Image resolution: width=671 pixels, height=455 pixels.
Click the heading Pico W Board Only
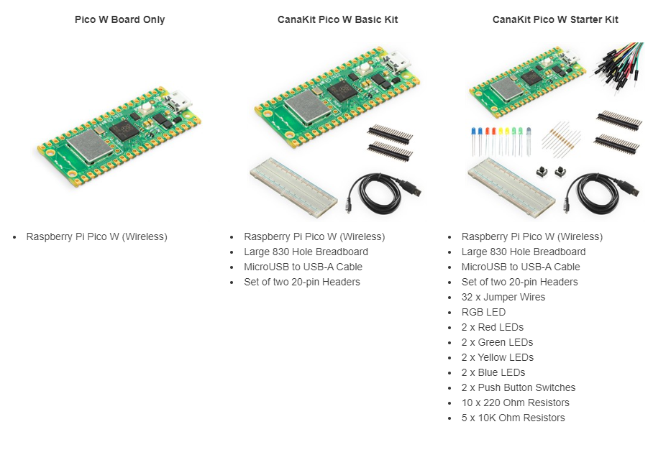pyautogui.click(x=119, y=19)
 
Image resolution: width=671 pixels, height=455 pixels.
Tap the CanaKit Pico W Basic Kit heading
pyautogui.click(x=337, y=19)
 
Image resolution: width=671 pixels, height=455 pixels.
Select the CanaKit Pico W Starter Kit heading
pyautogui.click(x=555, y=19)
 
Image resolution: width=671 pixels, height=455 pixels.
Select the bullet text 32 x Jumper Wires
pyautogui.click(x=503, y=297)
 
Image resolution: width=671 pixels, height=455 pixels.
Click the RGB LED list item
pyautogui.click(x=483, y=312)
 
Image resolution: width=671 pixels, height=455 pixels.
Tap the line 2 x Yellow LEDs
pyautogui.click(x=497, y=357)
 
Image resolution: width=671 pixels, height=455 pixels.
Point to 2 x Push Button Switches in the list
pyautogui.click(x=518, y=387)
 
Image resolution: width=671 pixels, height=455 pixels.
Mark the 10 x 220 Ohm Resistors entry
pyautogui.click(x=515, y=403)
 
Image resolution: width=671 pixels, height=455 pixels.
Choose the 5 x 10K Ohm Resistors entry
pyautogui.click(x=513, y=418)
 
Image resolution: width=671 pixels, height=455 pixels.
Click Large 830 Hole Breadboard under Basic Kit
pyautogui.click(x=306, y=252)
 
